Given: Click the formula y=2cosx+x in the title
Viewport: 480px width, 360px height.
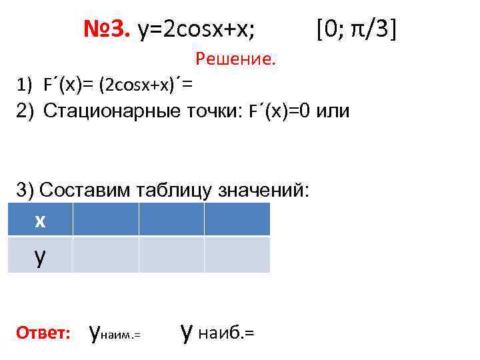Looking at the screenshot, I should (199, 30).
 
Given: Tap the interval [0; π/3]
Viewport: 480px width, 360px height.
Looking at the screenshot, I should (357, 29).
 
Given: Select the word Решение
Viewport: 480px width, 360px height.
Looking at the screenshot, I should (235, 60).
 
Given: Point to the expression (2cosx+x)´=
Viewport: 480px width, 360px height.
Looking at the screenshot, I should (145, 85).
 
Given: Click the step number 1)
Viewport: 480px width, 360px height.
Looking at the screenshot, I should (25, 85).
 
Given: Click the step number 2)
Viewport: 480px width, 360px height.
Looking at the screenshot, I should (26, 110).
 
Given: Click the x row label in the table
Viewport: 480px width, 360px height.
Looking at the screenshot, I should (40, 220).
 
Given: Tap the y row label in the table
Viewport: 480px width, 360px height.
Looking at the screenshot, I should (40, 256).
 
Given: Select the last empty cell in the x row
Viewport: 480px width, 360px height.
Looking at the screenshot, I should (237, 219).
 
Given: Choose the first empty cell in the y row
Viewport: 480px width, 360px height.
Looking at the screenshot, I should (105, 255).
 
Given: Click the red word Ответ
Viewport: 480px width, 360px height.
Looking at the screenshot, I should (43, 332).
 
